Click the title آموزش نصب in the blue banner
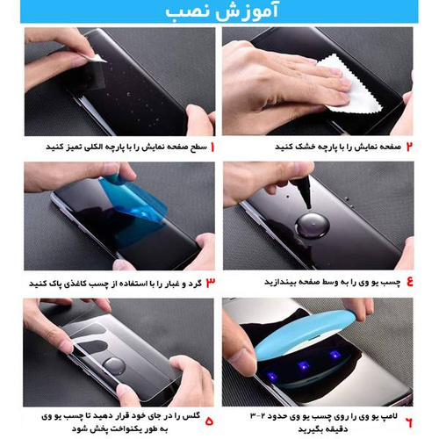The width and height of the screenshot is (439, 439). (x=222, y=11)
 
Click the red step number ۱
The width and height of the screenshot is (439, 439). (x=212, y=147)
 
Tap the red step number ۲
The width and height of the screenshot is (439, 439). (x=409, y=147)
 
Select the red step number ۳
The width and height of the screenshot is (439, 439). (x=211, y=283)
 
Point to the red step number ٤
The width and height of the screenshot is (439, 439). (x=410, y=281)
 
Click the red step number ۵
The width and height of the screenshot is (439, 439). (x=209, y=421)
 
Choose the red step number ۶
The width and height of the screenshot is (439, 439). (x=409, y=422)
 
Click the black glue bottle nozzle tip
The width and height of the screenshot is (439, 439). (x=308, y=207)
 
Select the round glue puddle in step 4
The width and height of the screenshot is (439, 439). (x=313, y=227)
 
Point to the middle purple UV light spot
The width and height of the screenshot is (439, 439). (x=303, y=366)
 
